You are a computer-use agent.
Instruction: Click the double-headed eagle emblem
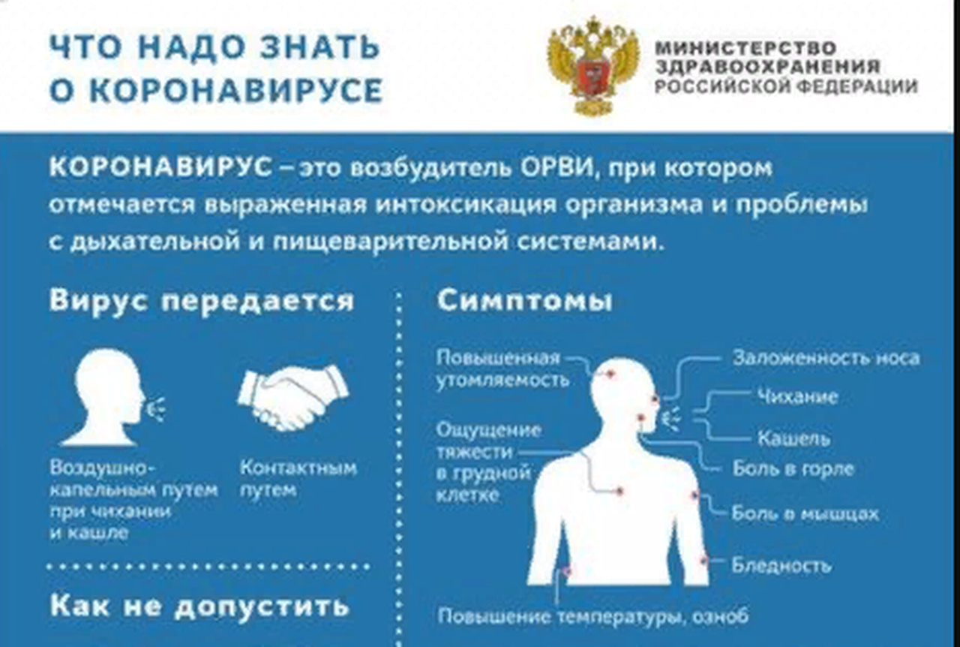pos(593,65)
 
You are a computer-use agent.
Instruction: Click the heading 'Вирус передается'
pos(201,300)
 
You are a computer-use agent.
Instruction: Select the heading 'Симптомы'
pos(524,301)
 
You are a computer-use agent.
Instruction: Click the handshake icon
pos(293,398)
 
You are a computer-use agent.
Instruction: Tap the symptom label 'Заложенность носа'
pos(825,358)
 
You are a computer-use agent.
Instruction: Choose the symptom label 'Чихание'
pos(796,396)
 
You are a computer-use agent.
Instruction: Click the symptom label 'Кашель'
pos(793,438)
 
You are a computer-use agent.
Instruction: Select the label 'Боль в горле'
pos(793,469)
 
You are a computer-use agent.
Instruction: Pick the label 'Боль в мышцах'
pos(805,514)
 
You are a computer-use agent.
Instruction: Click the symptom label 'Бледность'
pos(781,564)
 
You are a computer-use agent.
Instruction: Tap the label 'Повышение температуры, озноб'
pos(592,616)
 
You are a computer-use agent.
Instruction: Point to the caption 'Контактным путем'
pos(298,479)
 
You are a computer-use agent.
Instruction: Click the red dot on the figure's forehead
pos(610,373)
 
